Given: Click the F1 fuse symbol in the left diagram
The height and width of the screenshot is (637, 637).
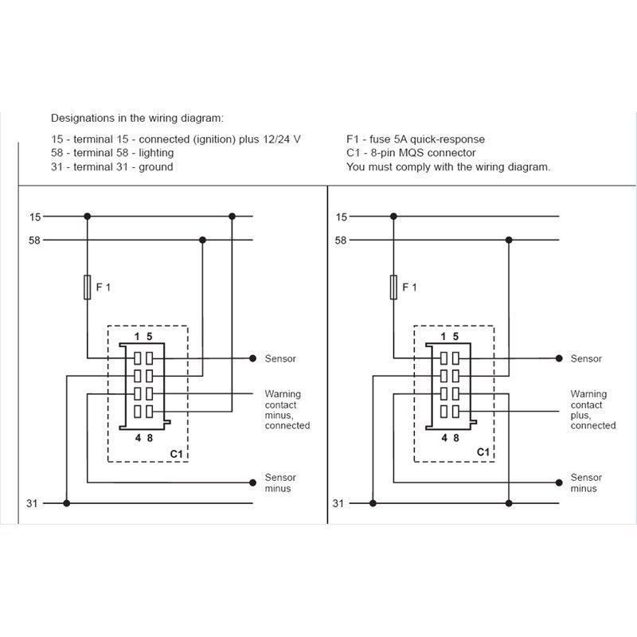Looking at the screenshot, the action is (88, 287).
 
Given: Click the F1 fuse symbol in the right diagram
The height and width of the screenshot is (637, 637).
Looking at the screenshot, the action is (393, 287).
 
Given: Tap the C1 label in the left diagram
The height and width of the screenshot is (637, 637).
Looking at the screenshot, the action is (176, 453).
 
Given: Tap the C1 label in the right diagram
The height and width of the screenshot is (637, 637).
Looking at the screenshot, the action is (483, 451).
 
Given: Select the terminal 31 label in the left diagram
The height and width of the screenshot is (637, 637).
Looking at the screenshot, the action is (32, 503).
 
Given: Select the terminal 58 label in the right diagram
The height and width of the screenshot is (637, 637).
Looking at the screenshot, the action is (341, 240).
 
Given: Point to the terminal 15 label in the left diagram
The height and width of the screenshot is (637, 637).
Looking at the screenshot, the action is (35, 217).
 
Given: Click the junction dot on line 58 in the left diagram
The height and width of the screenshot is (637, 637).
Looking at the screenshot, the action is (203, 240).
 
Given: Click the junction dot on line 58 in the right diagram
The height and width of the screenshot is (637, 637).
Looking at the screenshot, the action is (509, 240).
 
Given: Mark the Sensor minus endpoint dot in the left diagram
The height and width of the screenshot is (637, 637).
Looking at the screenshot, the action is (252, 483).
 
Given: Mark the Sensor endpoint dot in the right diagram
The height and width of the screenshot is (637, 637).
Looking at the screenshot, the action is (559, 358).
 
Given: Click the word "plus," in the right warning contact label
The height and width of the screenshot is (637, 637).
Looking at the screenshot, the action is (581, 416).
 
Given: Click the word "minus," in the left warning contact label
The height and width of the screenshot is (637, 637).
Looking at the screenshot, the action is (279, 416).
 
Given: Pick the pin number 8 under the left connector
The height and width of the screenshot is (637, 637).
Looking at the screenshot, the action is (150, 438).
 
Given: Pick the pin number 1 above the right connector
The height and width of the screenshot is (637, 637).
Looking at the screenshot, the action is (444, 336).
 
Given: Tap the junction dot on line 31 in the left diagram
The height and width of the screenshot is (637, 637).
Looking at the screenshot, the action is (67, 503).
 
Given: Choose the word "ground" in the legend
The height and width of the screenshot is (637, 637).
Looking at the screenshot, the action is (156, 167).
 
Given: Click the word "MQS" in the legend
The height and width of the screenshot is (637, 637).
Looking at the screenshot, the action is (411, 153).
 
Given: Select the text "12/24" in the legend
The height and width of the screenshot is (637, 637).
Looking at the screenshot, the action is (276, 139).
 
